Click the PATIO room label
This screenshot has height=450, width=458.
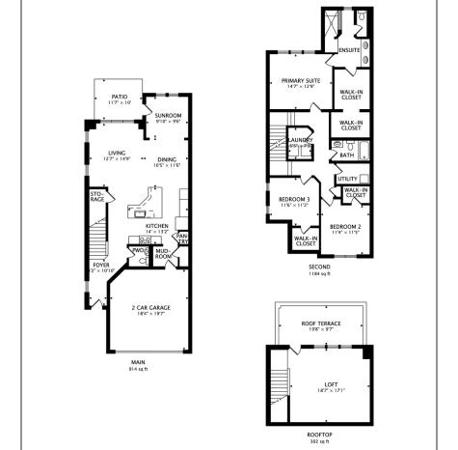(x=119, y=97)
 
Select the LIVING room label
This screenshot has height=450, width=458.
(x=117, y=153)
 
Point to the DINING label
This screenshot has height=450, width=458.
(x=166, y=158)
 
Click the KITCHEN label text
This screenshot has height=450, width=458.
(x=157, y=226)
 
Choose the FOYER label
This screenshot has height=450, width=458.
(x=100, y=264)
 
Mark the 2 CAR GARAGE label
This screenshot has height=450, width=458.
(x=150, y=307)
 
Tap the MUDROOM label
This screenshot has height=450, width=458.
(x=163, y=255)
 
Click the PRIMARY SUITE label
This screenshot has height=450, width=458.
(x=300, y=81)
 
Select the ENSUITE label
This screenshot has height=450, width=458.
(x=348, y=50)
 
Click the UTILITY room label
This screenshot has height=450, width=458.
(x=347, y=179)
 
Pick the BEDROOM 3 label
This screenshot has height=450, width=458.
(x=282, y=200)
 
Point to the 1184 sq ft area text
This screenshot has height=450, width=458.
(x=319, y=274)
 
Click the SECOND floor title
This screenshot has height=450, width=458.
(x=319, y=267)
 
